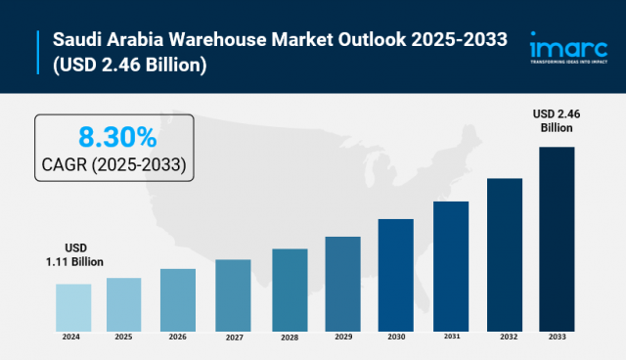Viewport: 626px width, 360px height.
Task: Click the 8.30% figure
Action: pos(116,135)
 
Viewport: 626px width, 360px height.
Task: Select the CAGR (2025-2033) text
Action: pos(116,162)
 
